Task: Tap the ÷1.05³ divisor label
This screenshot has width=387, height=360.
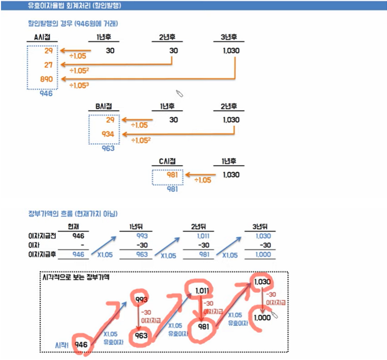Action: [80, 86]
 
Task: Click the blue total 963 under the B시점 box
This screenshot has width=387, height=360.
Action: [108, 148]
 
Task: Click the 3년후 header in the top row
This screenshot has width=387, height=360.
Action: [229, 37]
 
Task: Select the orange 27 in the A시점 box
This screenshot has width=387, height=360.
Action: [48, 65]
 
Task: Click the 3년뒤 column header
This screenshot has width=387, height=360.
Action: [260, 227]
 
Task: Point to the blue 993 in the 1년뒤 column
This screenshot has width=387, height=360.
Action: [142, 236]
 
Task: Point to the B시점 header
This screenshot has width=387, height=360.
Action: [103, 106]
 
